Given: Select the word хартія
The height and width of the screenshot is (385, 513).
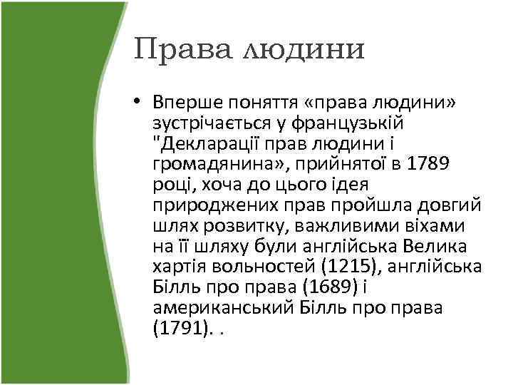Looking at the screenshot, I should point(180,267).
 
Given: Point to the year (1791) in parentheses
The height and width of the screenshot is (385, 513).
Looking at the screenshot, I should point(180,329).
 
